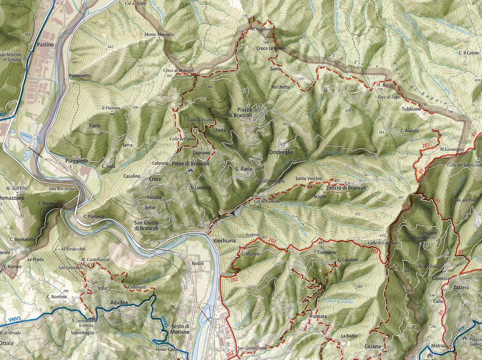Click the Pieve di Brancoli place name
[x=190, y=164]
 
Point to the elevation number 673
[x=159, y=41]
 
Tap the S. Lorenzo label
[x=201, y=187]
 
